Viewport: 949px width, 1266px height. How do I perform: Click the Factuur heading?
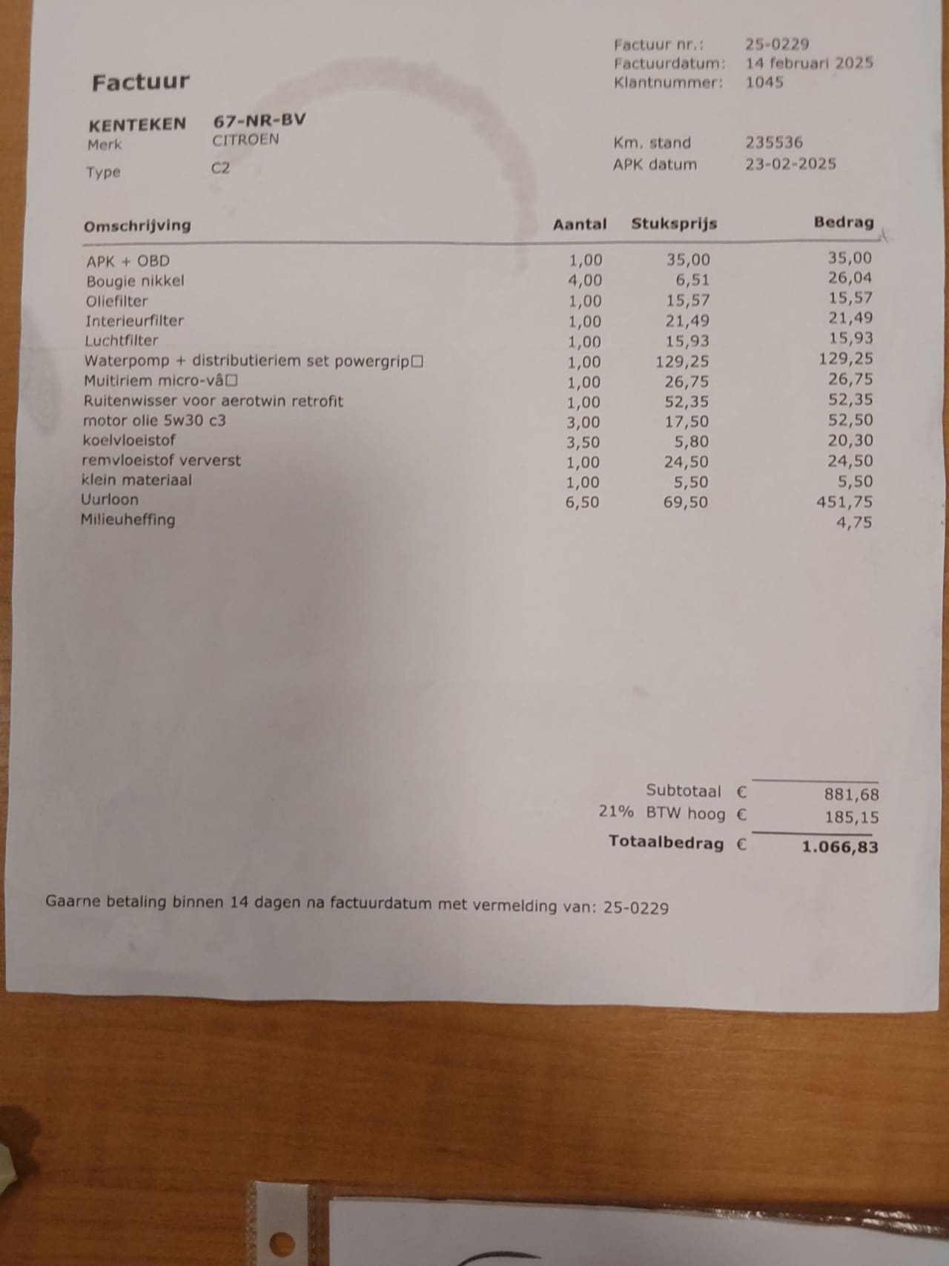[140, 82]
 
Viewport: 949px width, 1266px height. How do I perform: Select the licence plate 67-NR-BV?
[259, 121]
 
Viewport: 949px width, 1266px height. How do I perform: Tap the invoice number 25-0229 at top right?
[776, 44]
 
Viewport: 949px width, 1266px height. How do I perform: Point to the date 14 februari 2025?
[809, 63]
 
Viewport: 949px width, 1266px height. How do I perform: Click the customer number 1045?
[764, 82]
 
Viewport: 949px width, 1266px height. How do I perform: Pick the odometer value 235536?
[773, 142]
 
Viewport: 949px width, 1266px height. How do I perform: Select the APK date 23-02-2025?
[790, 164]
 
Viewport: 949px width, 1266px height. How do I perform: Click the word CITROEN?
[245, 140]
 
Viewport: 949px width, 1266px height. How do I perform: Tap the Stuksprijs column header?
[673, 224]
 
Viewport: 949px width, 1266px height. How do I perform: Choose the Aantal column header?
[579, 224]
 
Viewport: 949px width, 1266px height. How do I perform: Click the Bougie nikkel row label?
[135, 281]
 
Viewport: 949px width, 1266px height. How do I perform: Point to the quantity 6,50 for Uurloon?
[582, 502]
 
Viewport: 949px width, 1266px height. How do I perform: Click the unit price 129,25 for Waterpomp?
[681, 362]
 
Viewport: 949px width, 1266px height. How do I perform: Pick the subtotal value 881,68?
[851, 794]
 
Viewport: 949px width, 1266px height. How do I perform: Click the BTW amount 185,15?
[851, 817]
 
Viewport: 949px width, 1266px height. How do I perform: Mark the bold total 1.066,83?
[839, 846]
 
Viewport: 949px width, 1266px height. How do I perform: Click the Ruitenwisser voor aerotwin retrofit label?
[213, 401]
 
